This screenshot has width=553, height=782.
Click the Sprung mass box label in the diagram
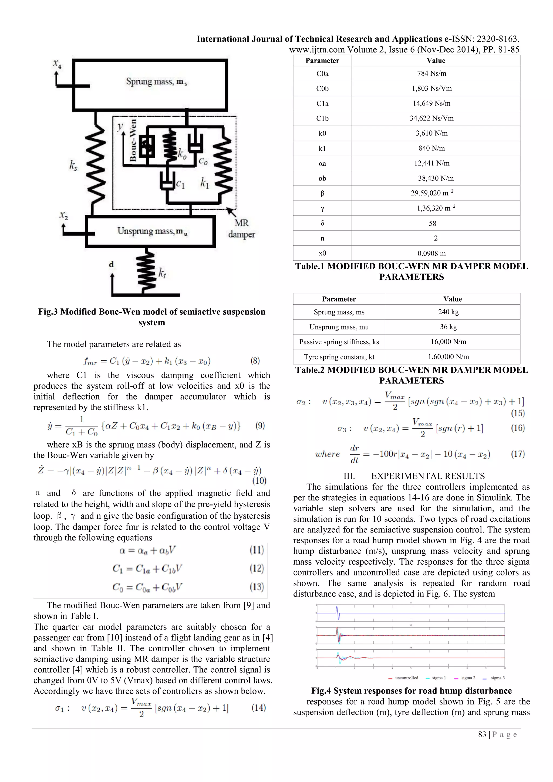tap(156, 82)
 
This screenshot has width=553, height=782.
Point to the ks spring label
tap(73, 166)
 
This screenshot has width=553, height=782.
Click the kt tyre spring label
tap(162, 272)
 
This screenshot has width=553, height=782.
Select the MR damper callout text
tap(241, 228)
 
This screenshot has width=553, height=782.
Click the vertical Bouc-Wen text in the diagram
tap(133, 140)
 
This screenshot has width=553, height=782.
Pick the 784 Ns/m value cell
tap(431, 73)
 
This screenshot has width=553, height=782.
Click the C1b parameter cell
tap(322, 119)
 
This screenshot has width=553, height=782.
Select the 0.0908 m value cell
tap(431, 253)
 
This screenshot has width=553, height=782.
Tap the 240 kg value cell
tap(448, 312)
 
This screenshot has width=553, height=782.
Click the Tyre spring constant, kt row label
tap(339, 357)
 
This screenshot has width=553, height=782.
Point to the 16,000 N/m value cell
tap(448, 342)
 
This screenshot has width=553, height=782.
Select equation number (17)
tap(518, 454)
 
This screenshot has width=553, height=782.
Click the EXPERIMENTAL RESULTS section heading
tap(428, 476)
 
